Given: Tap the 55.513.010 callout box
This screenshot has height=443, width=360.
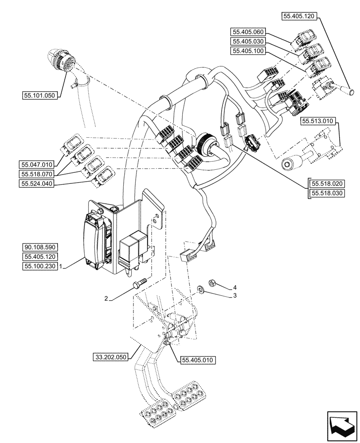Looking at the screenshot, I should click(318, 120).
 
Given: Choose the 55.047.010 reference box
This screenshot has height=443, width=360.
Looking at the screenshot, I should click(36, 163).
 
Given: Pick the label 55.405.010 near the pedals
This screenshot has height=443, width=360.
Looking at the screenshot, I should click(198, 361).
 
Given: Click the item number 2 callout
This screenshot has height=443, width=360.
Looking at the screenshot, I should click(106, 299).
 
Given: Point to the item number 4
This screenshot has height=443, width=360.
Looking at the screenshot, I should click(235, 287).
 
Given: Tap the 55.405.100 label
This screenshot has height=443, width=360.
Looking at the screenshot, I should click(247, 51).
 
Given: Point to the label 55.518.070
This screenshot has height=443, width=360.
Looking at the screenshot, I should click(36, 174).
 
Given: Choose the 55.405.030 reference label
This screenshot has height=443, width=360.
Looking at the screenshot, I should click(247, 41).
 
